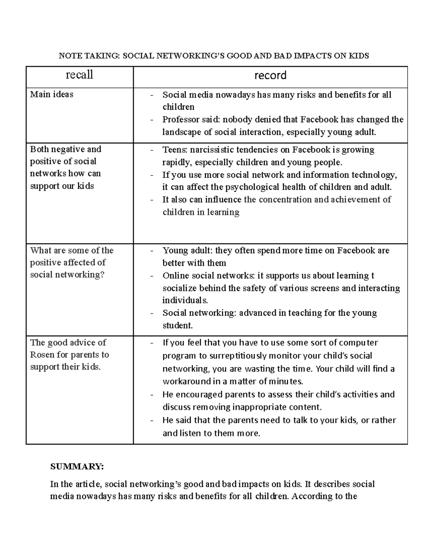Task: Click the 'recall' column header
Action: point(79,75)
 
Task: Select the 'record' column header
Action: point(270,75)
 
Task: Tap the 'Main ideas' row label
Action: point(52,95)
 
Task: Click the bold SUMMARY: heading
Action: point(77,467)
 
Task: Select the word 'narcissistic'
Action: point(216,149)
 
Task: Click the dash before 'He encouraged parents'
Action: point(152,395)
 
